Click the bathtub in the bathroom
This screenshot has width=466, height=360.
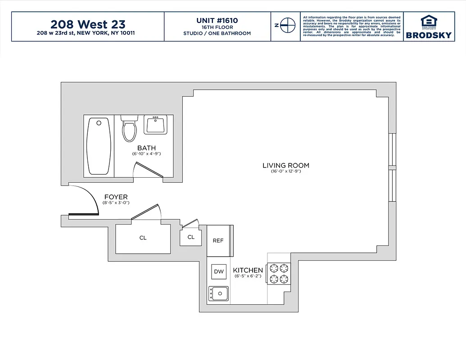coord(99,146)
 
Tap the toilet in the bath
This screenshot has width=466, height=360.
coord(129,128)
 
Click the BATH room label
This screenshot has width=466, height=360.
coord(146,148)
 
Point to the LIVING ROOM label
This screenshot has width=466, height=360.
coord(286,166)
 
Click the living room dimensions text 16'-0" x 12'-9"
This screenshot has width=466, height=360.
coord(286,171)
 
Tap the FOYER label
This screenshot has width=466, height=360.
coord(116,197)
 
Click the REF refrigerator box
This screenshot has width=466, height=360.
coord(218,241)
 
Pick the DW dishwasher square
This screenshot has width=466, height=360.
coord(219,271)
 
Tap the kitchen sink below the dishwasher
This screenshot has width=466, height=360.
coord(218,294)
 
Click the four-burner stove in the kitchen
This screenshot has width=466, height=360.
coord(278,274)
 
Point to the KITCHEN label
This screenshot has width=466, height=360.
coord(248,270)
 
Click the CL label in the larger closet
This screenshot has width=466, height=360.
coord(143,238)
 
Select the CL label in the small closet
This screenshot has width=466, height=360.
coord(191,237)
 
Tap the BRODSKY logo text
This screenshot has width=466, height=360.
coord(429,35)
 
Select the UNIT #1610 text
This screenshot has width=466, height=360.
coord(217,20)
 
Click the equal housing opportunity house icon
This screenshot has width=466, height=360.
coord(429,21)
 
